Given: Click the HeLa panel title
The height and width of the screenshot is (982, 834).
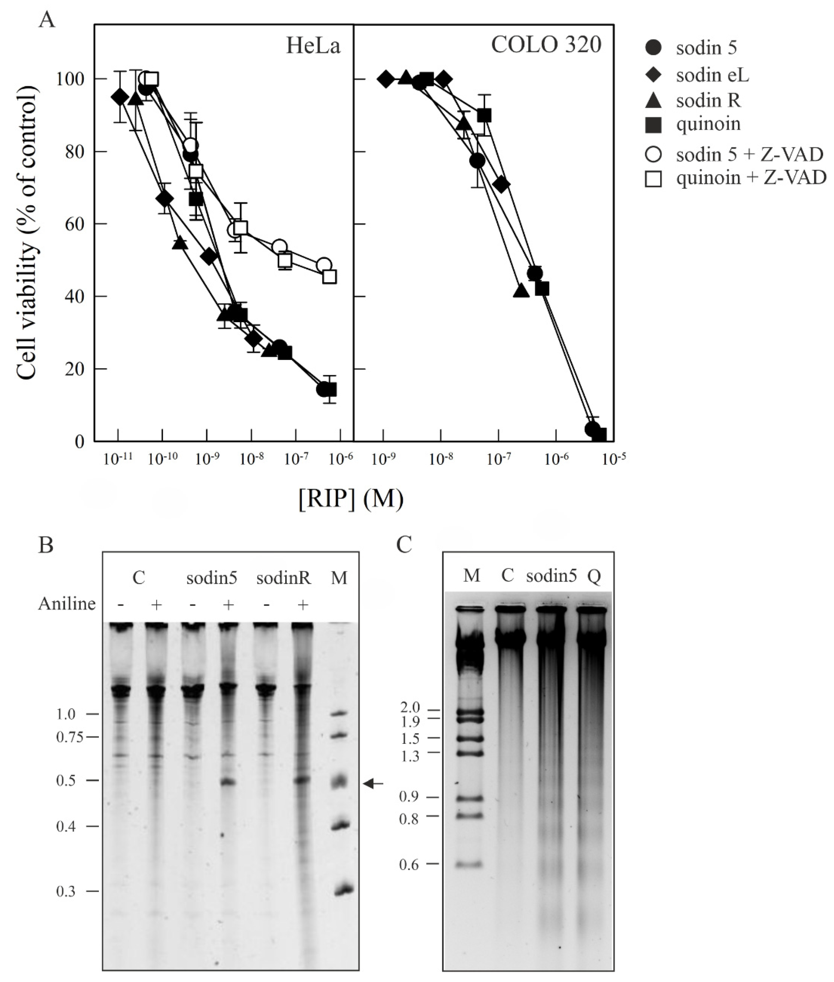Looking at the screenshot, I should pyautogui.click(x=313, y=46).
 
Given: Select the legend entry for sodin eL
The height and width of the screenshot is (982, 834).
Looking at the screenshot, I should pyautogui.click(x=712, y=75).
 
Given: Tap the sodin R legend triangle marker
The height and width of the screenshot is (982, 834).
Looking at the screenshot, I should pyautogui.click(x=653, y=101).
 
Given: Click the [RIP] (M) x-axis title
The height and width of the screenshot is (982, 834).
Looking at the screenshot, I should pyautogui.click(x=351, y=499).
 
